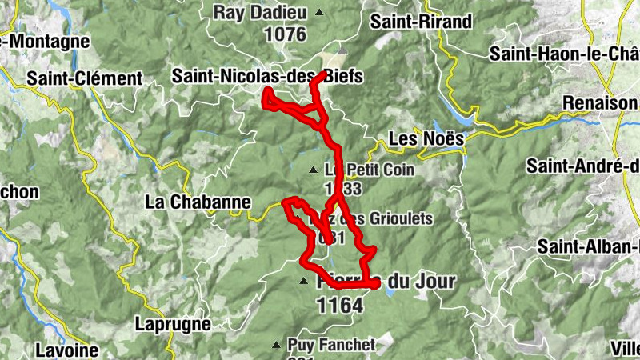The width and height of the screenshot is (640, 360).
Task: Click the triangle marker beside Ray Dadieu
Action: pyautogui.click(x=320, y=13)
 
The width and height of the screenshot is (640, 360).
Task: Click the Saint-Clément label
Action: pyautogui.click(x=84, y=79)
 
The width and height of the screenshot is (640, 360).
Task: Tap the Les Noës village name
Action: pyautogui.click(x=426, y=139)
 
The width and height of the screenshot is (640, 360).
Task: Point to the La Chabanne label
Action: pyautogui.click(x=198, y=202)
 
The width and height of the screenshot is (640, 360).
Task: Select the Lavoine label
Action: pyautogui.click(x=67, y=350)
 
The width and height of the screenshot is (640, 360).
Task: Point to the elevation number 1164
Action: pyautogui.click(x=340, y=305)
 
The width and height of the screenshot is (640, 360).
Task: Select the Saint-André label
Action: pyautogui.click(x=582, y=166)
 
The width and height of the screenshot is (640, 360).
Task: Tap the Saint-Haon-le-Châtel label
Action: pyautogui.click(x=564, y=54)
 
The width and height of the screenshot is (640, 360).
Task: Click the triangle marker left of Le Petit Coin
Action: pyautogui.click(x=314, y=170)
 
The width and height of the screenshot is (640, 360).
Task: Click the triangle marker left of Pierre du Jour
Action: pyautogui.click(x=303, y=282)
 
